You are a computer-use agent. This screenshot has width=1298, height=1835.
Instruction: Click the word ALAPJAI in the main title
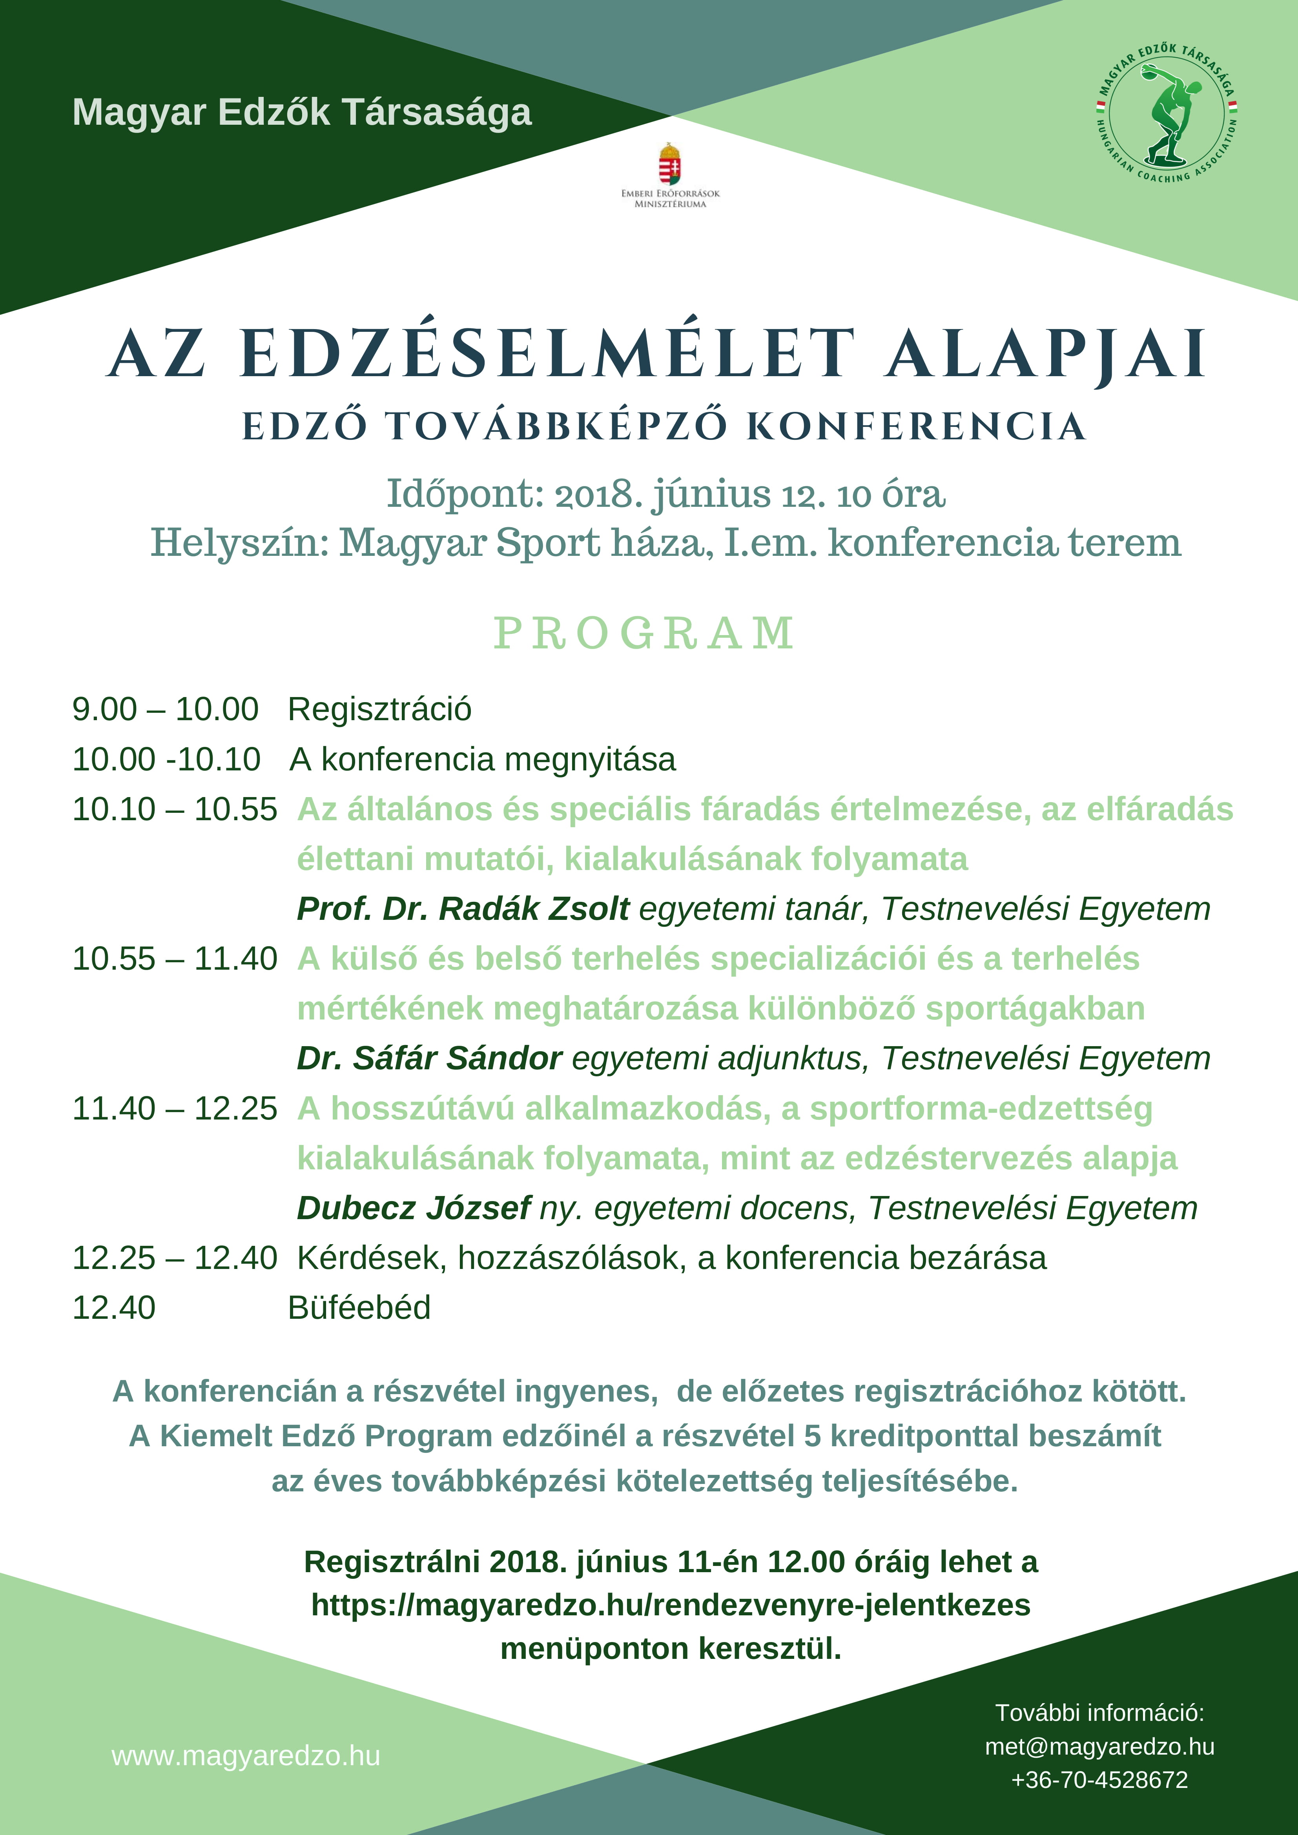coord(1045,354)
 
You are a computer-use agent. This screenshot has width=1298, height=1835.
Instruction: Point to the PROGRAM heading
coord(644,634)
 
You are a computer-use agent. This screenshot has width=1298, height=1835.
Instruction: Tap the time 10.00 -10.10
coord(166,759)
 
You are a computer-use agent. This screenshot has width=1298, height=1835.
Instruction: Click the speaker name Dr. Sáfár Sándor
coord(429,1058)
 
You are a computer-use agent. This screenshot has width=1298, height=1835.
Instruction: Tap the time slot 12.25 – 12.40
coord(174,1258)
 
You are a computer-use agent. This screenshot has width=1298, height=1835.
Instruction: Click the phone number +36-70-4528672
coord(1099,1780)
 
